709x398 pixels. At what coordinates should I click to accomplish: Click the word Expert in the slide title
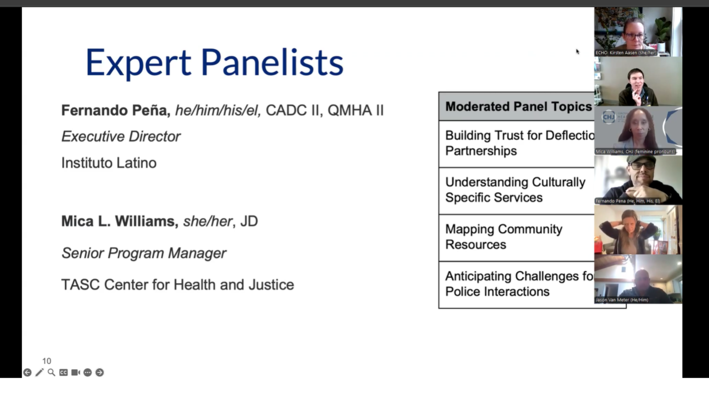point(138,63)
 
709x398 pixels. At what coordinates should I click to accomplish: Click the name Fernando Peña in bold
point(115,110)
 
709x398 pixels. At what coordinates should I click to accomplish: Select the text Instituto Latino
point(109,163)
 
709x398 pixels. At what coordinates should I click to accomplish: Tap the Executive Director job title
point(121,136)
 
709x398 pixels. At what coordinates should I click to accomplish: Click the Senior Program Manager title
point(144,253)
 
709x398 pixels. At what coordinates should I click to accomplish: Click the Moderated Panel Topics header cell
point(517,106)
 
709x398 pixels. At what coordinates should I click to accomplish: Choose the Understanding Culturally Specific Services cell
point(515,190)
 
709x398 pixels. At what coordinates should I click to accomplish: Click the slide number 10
point(46,361)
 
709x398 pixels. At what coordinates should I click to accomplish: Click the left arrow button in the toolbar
point(27,372)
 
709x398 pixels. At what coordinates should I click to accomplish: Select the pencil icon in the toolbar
point(39,372)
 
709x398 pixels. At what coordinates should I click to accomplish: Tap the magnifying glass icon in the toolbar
point(52,372)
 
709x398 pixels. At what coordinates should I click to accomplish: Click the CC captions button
point(63,372)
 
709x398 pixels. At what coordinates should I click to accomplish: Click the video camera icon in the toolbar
point(75,372)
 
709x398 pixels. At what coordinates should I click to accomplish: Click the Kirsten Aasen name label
point(625,52)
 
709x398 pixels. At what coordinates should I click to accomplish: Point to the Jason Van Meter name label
point(622,300)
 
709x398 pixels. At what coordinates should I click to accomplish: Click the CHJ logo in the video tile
point(608,118)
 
